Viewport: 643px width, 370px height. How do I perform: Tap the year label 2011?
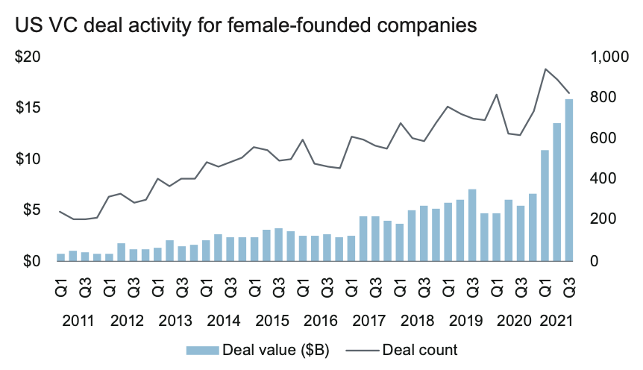[78, 322]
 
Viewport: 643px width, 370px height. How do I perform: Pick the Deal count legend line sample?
[368, 348]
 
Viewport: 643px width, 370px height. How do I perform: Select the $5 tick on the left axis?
[31, 210]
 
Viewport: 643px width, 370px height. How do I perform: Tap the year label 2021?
[556, 322]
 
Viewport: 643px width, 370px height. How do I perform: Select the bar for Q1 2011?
[60, 257]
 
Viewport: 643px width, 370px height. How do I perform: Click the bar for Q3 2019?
[471, 225]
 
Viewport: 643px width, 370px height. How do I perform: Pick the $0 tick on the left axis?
[31, 261]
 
